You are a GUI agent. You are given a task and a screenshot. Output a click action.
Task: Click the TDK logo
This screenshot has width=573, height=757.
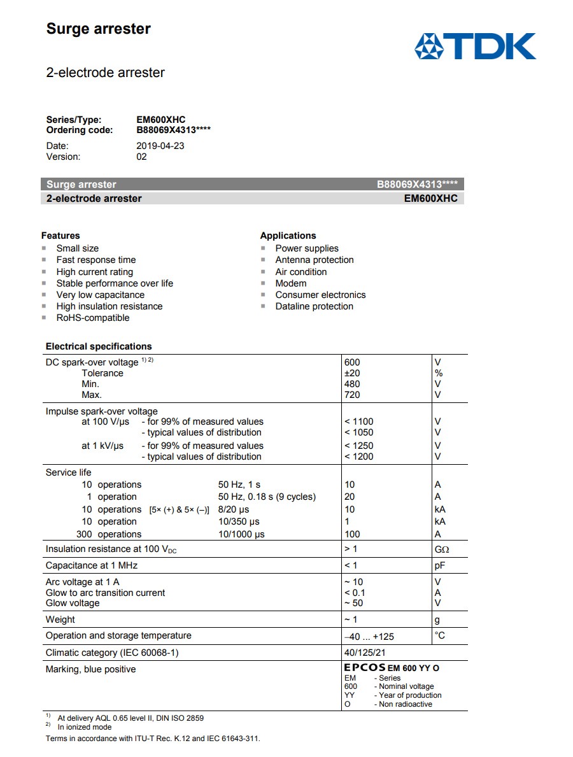pos(475,46)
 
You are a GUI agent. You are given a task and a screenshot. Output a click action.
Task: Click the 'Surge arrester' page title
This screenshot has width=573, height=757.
pos(98,29)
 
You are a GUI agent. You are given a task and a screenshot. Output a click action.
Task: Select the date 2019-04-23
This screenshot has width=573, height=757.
pos(160,145)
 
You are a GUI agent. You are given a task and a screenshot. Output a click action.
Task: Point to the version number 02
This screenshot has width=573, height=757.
pos(141,157)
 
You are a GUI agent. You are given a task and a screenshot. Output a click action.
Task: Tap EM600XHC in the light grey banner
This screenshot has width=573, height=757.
pos(430,198)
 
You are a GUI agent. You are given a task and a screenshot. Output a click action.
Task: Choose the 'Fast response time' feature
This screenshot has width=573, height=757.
pos(95,260)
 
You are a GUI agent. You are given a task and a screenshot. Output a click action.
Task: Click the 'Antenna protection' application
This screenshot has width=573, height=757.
pos(314,260)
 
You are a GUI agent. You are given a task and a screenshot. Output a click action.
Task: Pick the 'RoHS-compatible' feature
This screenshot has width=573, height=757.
pos(92,318)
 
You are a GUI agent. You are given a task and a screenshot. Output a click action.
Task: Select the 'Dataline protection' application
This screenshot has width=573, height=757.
pos(314,306)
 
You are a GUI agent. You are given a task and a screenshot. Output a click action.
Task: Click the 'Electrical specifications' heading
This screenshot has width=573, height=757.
pos(99,346)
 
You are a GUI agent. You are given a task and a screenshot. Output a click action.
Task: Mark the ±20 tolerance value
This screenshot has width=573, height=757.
pos(351,373)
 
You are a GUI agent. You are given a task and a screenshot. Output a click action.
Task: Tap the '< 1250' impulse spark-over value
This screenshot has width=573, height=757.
pos(358,446)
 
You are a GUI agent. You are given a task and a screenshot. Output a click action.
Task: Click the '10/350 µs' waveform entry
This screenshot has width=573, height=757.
pos(239,521)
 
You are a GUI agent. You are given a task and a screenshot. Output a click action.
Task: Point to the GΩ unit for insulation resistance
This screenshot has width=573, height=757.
pos(441,549)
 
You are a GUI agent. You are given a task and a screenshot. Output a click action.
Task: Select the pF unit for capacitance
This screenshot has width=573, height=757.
pos(439,565)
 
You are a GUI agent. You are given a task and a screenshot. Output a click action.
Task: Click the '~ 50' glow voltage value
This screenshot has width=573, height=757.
pos(353,603)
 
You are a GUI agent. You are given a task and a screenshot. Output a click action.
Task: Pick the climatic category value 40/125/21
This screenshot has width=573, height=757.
pos(364,653)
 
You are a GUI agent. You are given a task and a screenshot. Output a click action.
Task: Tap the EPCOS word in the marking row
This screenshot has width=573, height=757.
pos(364,668)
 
